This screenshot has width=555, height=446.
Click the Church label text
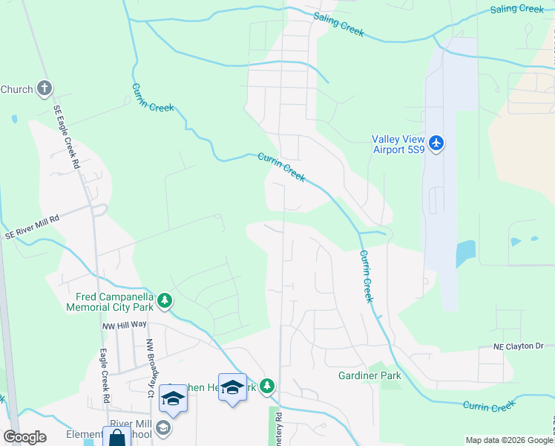click(x=16, y=89)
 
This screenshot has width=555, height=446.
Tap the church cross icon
click(x=45, y=89)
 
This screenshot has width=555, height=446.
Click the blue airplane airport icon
click(x=436, y=142)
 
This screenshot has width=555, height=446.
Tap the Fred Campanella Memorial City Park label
click(x=109, y=300)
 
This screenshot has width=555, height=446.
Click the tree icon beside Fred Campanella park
click(x=165, y=301)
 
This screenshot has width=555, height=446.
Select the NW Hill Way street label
click(x=125, y=326)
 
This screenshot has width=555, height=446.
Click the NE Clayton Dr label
click(x=519, y=346)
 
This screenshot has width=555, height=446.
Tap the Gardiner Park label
click(x=370, y=376)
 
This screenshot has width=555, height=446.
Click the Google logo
click(x=24, y=438)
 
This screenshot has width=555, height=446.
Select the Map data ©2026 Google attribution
click(x=509, y=440)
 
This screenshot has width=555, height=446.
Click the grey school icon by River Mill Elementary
click(x=163, y=428)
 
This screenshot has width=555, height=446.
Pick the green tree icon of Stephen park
click(x=268, y=387)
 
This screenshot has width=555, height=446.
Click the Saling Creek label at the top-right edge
click(x=517, y=9)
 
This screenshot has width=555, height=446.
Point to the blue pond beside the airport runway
click(x=466, y=255)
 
